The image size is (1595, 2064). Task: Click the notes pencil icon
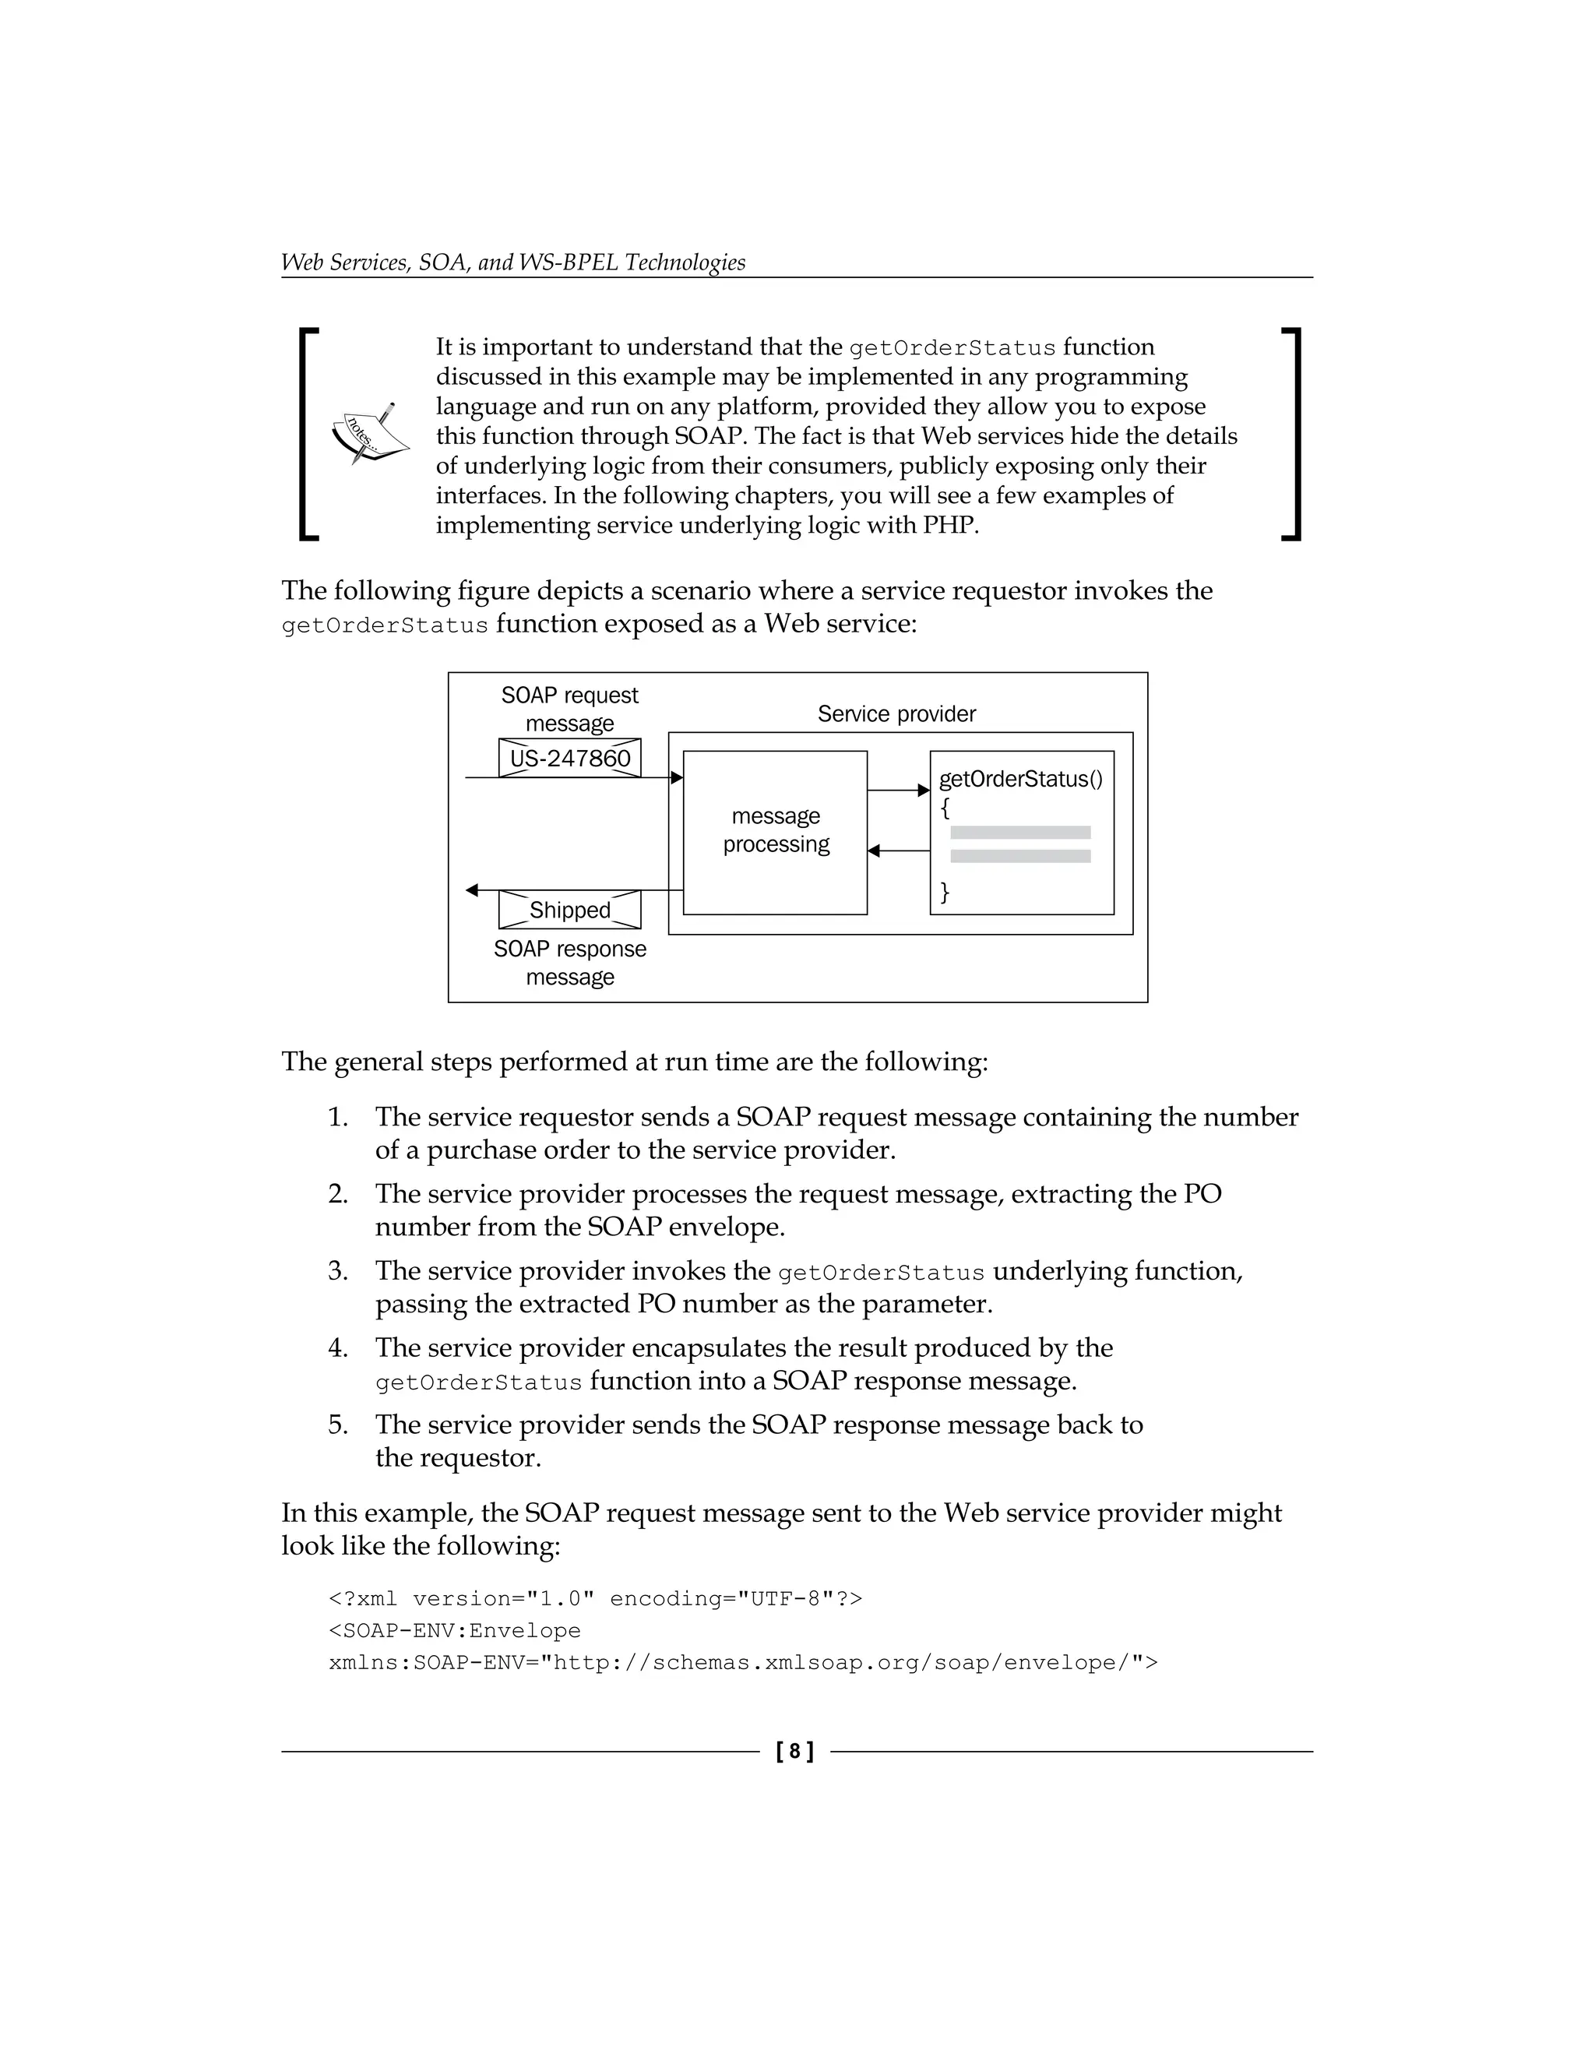(371, 435)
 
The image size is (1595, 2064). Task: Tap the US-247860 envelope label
(570, 759)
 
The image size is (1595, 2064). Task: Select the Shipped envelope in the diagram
(570, 910)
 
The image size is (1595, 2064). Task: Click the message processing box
(775, 832)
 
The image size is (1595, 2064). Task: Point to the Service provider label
(896, 714)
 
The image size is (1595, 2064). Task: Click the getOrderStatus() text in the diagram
(1020, 780)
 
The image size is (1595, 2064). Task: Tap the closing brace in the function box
(944, 891)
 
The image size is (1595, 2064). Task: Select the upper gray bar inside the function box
(1020, 833)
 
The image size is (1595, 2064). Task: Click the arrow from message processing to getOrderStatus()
(898, 790)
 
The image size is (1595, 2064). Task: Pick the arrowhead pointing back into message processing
(874, 851)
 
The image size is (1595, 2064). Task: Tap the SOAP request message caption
(570, 709)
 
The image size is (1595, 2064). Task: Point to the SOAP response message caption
(570, 963)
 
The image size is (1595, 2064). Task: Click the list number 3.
(337, 1271)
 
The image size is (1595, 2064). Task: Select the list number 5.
(337, 1425)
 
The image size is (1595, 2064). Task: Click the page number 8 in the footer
(794, 1752)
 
